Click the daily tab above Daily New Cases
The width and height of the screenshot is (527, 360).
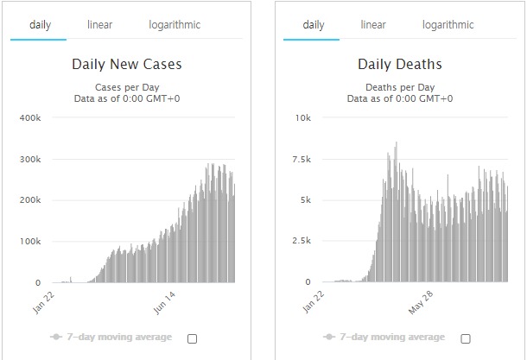coord(40,25)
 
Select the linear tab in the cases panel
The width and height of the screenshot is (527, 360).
coord(99,25)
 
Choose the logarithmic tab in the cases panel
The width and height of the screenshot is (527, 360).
coord(174,25)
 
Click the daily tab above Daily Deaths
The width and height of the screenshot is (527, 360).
coord(314,25)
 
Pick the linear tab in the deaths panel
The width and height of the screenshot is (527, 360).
coord(373,25)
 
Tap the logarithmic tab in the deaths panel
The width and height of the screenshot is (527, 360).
coord(448,25)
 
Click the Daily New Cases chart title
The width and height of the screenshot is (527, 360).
coord(128,64)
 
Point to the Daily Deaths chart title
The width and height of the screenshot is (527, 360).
coord(400,64)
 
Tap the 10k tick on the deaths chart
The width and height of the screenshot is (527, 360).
coord(303,117)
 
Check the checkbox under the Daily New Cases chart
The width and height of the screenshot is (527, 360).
coord(192,338)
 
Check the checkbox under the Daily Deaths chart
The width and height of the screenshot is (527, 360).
coord(466,338)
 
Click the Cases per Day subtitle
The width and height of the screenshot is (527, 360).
coord(128,86)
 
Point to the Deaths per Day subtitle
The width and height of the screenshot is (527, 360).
coord(400,86)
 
